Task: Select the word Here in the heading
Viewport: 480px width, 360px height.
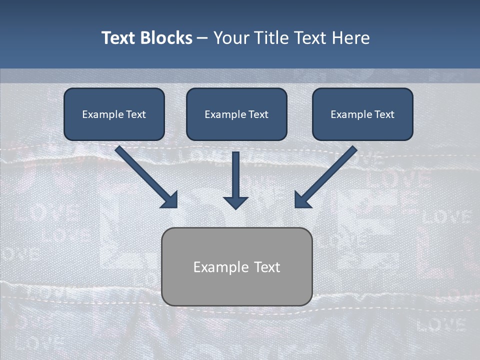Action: [x=351, y=38]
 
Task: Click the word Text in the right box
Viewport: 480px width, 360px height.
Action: [x=384, y=114]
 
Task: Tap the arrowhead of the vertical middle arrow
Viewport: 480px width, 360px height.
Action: [x=235, y=202]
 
